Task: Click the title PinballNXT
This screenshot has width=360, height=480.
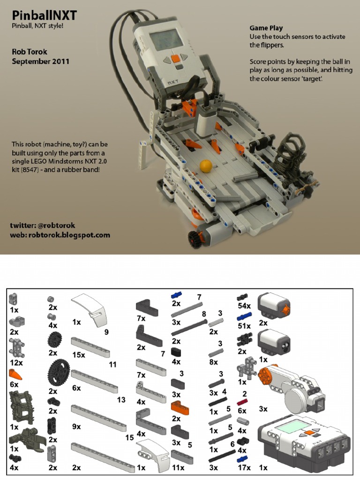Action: pos(44,15)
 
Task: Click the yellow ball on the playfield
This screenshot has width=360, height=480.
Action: pos(206,165)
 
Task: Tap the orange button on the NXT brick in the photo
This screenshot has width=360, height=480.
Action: pos(174,59)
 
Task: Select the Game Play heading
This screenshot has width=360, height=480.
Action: pos(266,28)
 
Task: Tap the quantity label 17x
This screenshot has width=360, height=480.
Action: pos(244,467)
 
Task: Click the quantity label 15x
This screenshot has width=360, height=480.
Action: pos(78,355)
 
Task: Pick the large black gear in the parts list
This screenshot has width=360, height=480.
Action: pos(59,374)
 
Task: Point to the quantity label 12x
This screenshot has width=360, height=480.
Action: pos(16,362)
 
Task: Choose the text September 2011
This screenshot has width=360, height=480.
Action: pos(40,61)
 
